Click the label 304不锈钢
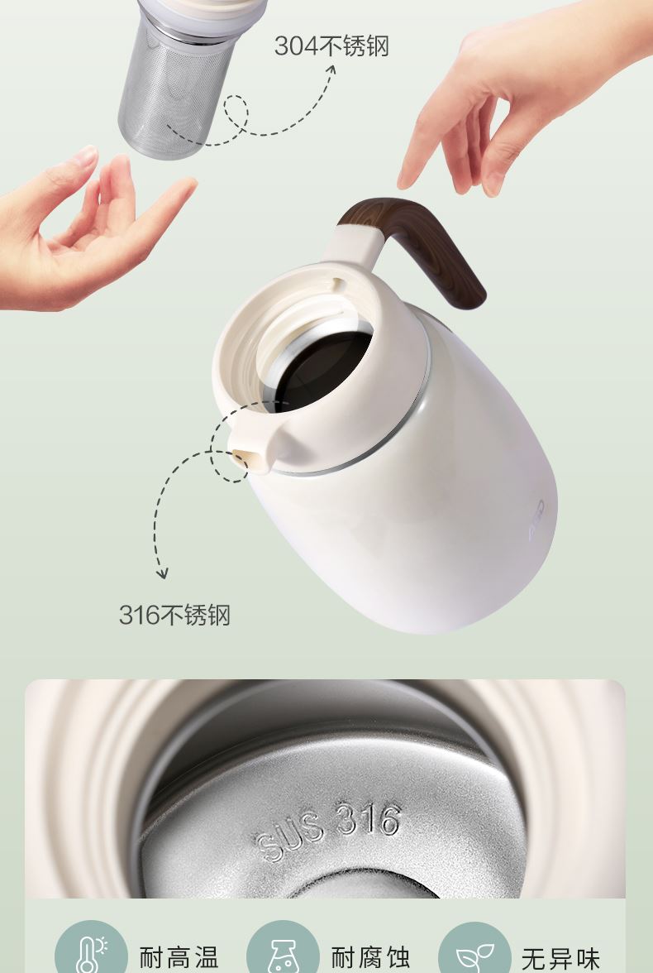[x=331, y=46]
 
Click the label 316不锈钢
[x=174, y=615]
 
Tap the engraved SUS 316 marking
[x=328, y=830]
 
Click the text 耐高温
[x=179, y=957]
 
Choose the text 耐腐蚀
[x=370, y=957]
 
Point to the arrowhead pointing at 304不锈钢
[x=331, y=70]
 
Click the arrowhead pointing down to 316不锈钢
[x=162, y=573]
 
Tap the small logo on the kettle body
[x=537, y=519]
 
